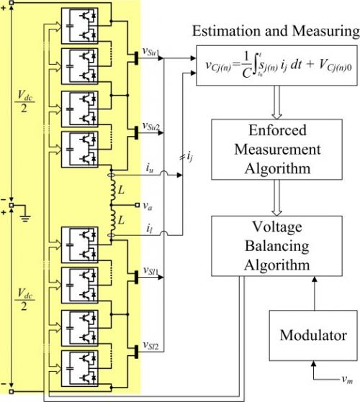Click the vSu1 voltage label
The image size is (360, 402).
click(153, 52)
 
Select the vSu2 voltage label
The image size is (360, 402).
click(153, 127)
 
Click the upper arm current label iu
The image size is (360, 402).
click(149, 169)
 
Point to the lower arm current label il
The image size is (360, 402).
click(148, 229)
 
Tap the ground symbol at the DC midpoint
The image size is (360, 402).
click(24, 214)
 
